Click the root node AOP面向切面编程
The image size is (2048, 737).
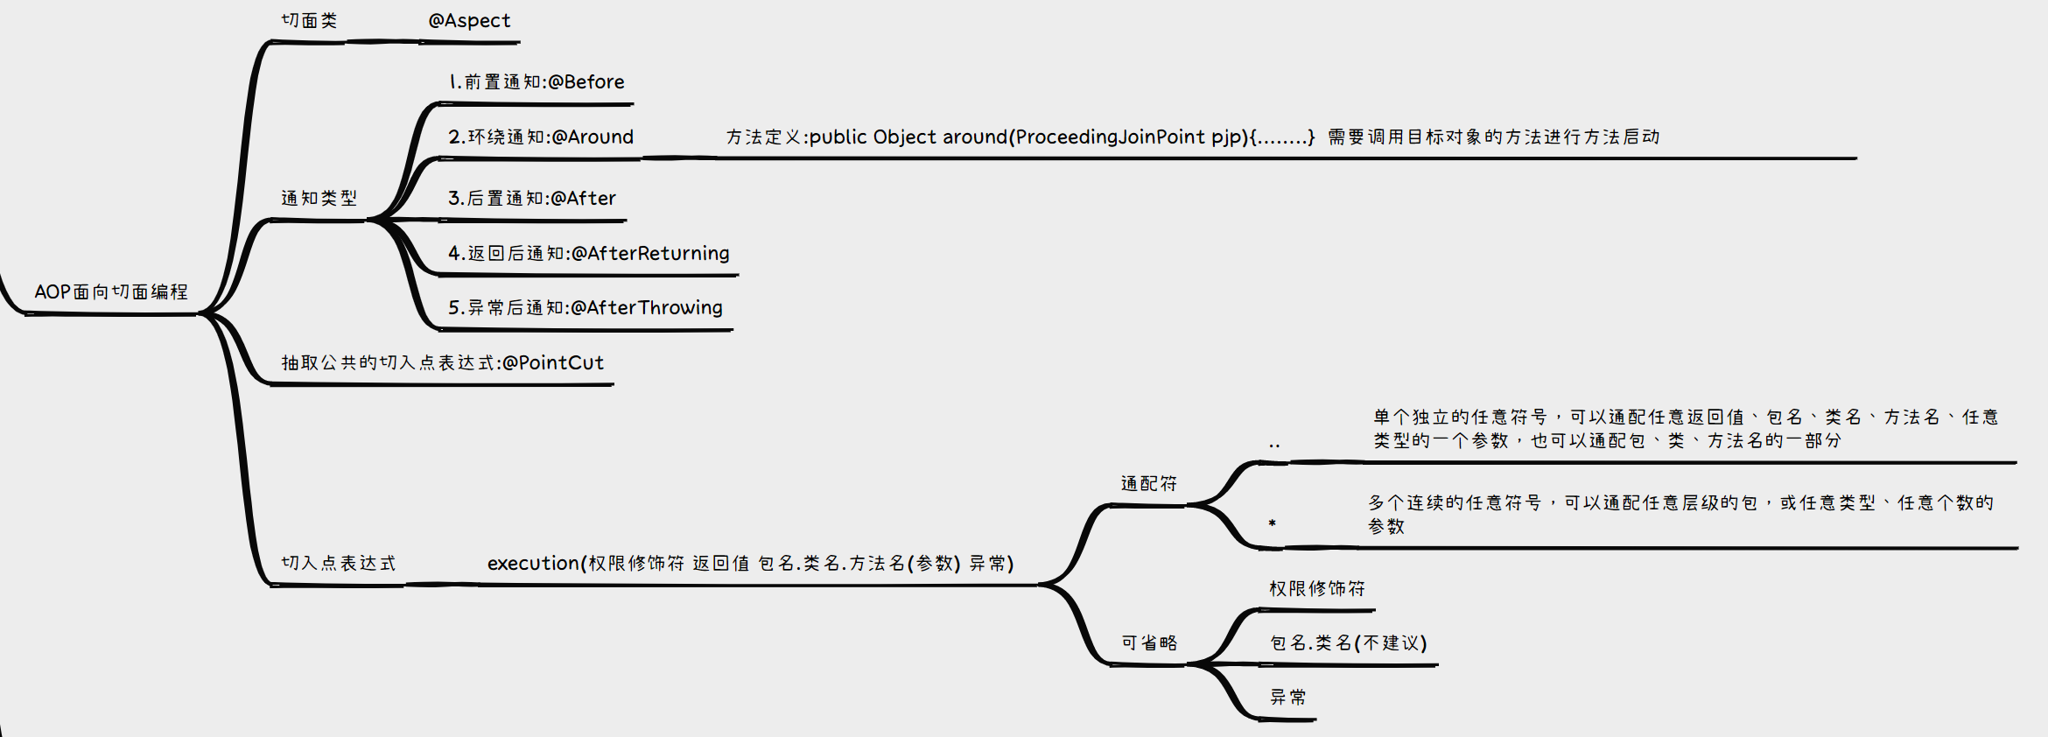point(111,292)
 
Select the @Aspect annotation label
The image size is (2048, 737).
point(469,21)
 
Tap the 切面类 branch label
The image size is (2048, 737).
point(309,21)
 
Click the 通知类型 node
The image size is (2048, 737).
point(319,199)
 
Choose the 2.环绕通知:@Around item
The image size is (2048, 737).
point(541,137)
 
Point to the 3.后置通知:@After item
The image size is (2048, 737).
point(532,199)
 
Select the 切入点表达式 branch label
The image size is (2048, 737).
point(338,564)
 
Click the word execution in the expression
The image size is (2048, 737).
point(534,564)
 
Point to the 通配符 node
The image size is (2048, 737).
point(1148,484)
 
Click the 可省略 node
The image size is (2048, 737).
point(1149,643)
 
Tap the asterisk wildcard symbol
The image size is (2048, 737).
point(1272,524)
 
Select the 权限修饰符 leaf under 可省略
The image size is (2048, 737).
point(1317,589)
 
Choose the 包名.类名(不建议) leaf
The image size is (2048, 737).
point(1348,643)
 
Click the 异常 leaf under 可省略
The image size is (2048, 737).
point(1288,698)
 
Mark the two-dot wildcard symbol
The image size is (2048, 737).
point(1274,446)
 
